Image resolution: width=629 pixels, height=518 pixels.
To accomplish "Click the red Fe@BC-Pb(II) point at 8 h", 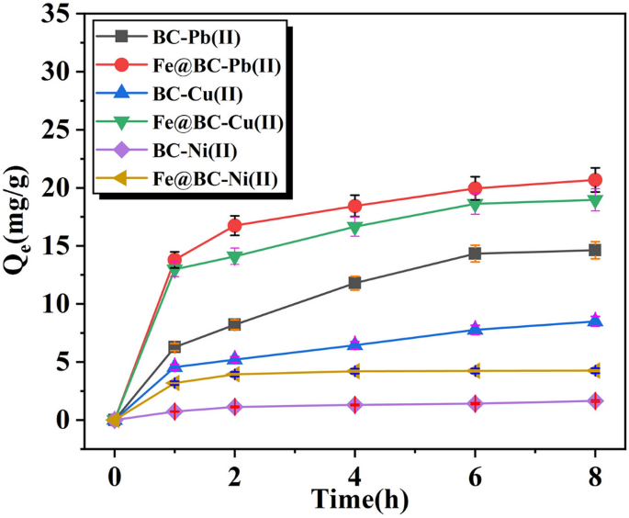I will (595, 180).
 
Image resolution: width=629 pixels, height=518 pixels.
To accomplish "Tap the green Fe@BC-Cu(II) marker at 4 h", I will (354, 228).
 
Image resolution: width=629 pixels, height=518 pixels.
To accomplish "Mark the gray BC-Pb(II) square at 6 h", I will (475, 253).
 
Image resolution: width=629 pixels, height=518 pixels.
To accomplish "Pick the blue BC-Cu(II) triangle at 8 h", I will (595, 321).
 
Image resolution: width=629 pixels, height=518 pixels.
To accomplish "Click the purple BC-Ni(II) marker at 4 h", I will (354, 405).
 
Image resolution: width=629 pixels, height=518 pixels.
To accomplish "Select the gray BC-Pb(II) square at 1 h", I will (174, 347).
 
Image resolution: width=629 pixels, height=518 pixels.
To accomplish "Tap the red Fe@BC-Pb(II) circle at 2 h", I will (234, 225).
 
